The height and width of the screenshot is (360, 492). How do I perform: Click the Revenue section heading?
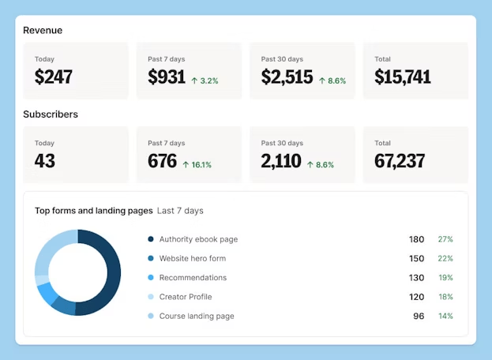point(43,31)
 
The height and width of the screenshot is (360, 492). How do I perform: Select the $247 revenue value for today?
point(54,77)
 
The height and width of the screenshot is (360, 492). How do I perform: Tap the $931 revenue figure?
point(167,77)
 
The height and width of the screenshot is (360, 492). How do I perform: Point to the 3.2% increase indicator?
point(205,81)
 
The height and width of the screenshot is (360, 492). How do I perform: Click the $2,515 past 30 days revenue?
point(287,77)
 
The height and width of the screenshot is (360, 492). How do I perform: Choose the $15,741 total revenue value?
point(403,77)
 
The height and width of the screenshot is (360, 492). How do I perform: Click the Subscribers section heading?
point(51,114)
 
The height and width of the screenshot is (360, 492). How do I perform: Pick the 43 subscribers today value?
point(45,161)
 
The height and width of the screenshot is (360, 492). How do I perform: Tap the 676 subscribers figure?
point(163,161)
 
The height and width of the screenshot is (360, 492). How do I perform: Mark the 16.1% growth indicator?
point(197,165)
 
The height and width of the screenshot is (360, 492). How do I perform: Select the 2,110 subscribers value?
point(281,161)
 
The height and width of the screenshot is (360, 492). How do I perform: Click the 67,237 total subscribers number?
point(400,161)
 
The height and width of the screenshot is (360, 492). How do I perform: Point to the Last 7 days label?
point(180,211)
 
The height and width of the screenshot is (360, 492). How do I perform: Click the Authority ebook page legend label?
point(198,239)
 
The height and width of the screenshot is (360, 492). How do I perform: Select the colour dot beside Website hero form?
point(150,259)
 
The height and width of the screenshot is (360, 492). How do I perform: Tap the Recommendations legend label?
point(193,278)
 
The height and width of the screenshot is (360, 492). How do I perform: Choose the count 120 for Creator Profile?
point(416,297)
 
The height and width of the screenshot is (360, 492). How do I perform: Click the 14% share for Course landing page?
point(445,316)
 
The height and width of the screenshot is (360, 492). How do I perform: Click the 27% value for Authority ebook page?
point(445,239)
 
